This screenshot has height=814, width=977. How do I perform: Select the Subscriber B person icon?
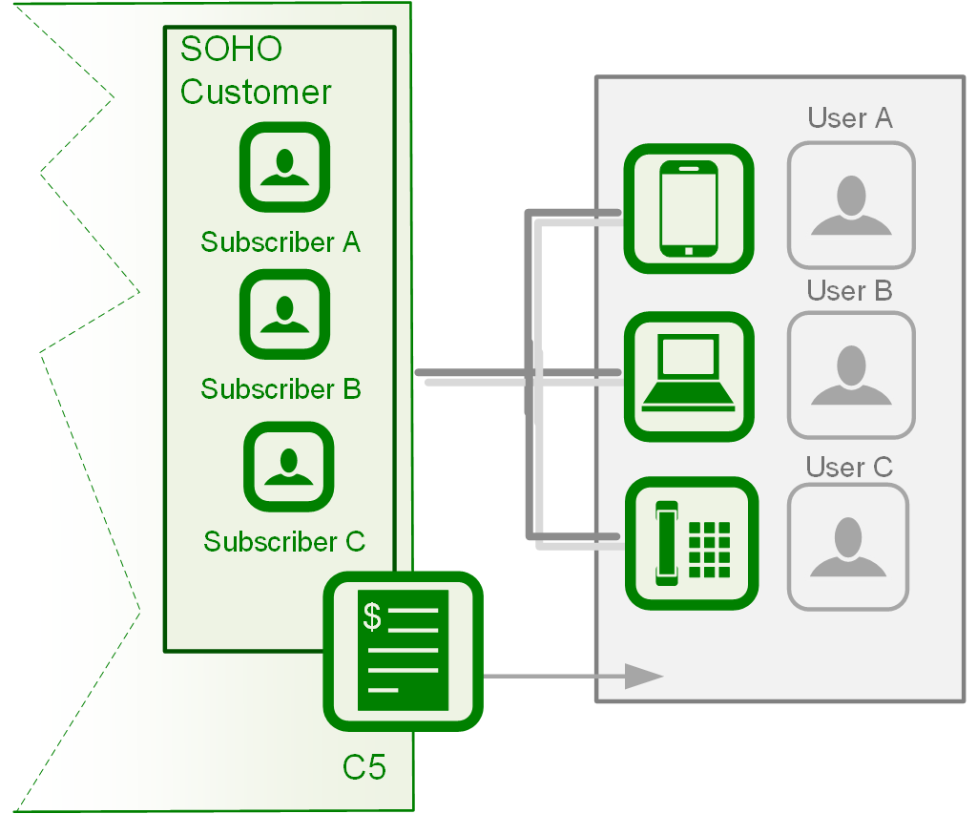pos(284,314)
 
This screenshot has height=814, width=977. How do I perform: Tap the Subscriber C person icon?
pos(288,467)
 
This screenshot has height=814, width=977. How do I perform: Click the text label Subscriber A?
pos(281,242)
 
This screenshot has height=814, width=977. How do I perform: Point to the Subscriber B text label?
pos(281,389)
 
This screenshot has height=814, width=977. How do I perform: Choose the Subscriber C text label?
pos(284,542)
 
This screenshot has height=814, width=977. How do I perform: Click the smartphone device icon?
pos(689,209)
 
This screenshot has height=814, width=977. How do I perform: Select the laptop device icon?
pos(689,376)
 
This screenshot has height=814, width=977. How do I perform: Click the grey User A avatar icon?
pos(851,204)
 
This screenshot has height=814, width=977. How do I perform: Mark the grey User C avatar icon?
pos(848,547)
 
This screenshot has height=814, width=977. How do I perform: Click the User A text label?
pos(850,118)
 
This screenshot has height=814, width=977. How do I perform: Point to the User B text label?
pos(849,290)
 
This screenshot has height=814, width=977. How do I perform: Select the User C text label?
pos(849,467)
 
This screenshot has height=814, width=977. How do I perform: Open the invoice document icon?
pos(403,651)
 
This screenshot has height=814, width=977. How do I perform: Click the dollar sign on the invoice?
pos(372,617)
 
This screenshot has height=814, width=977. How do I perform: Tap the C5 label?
pos(364,766)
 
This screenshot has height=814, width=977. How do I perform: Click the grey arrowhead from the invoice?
pos(643,676)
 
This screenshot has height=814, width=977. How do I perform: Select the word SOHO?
pos(231,49)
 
